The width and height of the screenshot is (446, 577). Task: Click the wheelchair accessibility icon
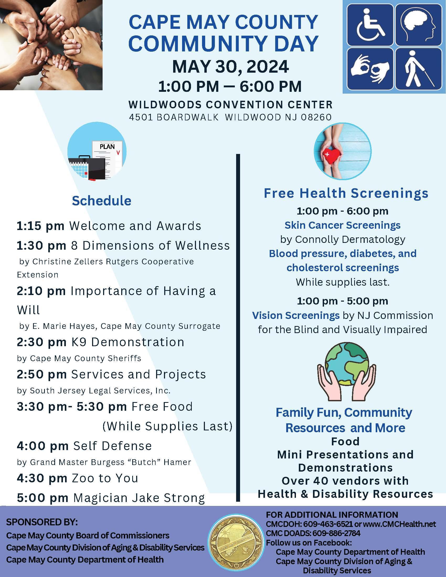[x=370, y=25]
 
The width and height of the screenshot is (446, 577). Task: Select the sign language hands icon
[x=370, y=69]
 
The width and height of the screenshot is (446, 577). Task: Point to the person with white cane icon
[x=418, y=69]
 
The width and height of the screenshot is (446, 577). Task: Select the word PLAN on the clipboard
[x=107, y=147]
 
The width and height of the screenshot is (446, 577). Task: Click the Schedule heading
[x=102, y=201]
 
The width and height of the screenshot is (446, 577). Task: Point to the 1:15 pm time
[x=40, y=226]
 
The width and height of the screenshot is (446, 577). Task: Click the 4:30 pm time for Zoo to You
[x=42, y=478]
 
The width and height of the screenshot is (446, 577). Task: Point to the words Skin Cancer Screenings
[x=342, y=225]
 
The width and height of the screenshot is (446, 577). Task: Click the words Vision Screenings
[x=296, y=315]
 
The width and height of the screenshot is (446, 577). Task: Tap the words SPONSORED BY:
[x=42, y=522]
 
